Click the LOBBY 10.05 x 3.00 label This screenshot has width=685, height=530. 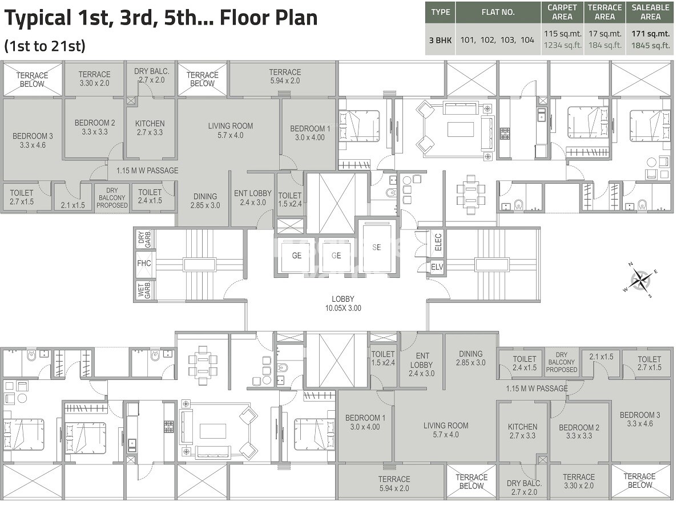[342, 304]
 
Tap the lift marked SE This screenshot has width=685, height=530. [376, 247]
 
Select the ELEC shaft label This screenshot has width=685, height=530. [438, 243]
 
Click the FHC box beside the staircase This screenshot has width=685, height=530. [144, 264]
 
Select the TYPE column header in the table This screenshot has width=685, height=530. [440, 12]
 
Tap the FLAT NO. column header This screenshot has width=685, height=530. [498, 12]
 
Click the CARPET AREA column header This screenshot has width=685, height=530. [562, 12]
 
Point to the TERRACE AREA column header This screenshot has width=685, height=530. [605, 12]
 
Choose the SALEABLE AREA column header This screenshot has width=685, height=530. [650, 12]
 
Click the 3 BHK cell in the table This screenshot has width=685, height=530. [440, 40]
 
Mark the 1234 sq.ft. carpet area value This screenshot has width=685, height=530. [562, 46]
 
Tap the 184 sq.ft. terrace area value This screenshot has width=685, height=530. [605, 46]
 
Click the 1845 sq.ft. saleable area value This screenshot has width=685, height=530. [650, 46]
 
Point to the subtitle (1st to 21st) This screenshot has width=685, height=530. [45, 46]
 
